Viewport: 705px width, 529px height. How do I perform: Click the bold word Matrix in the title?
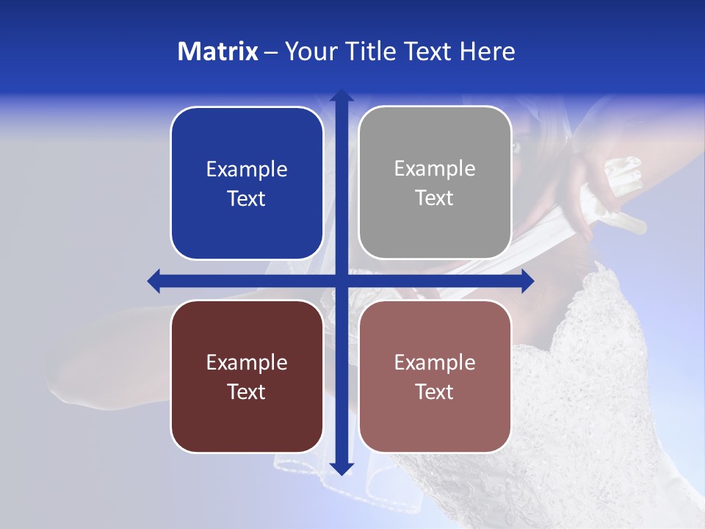tap(218, 51)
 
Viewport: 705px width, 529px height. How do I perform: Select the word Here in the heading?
tap(487, 51)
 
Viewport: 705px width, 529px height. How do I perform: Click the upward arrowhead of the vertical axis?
tap(341, 96)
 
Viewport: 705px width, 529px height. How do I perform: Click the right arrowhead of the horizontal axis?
tap(527, 281)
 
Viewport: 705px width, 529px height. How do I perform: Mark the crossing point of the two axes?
tap(341, 281)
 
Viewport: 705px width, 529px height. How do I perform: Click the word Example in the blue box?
tap(247, 170)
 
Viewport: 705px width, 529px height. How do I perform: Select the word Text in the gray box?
tap(434, 198)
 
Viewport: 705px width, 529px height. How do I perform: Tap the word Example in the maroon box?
tap(247, 362)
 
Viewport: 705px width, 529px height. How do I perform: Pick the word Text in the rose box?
tap(434, 392)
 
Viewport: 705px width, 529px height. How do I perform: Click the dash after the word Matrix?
tap(271, 52)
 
